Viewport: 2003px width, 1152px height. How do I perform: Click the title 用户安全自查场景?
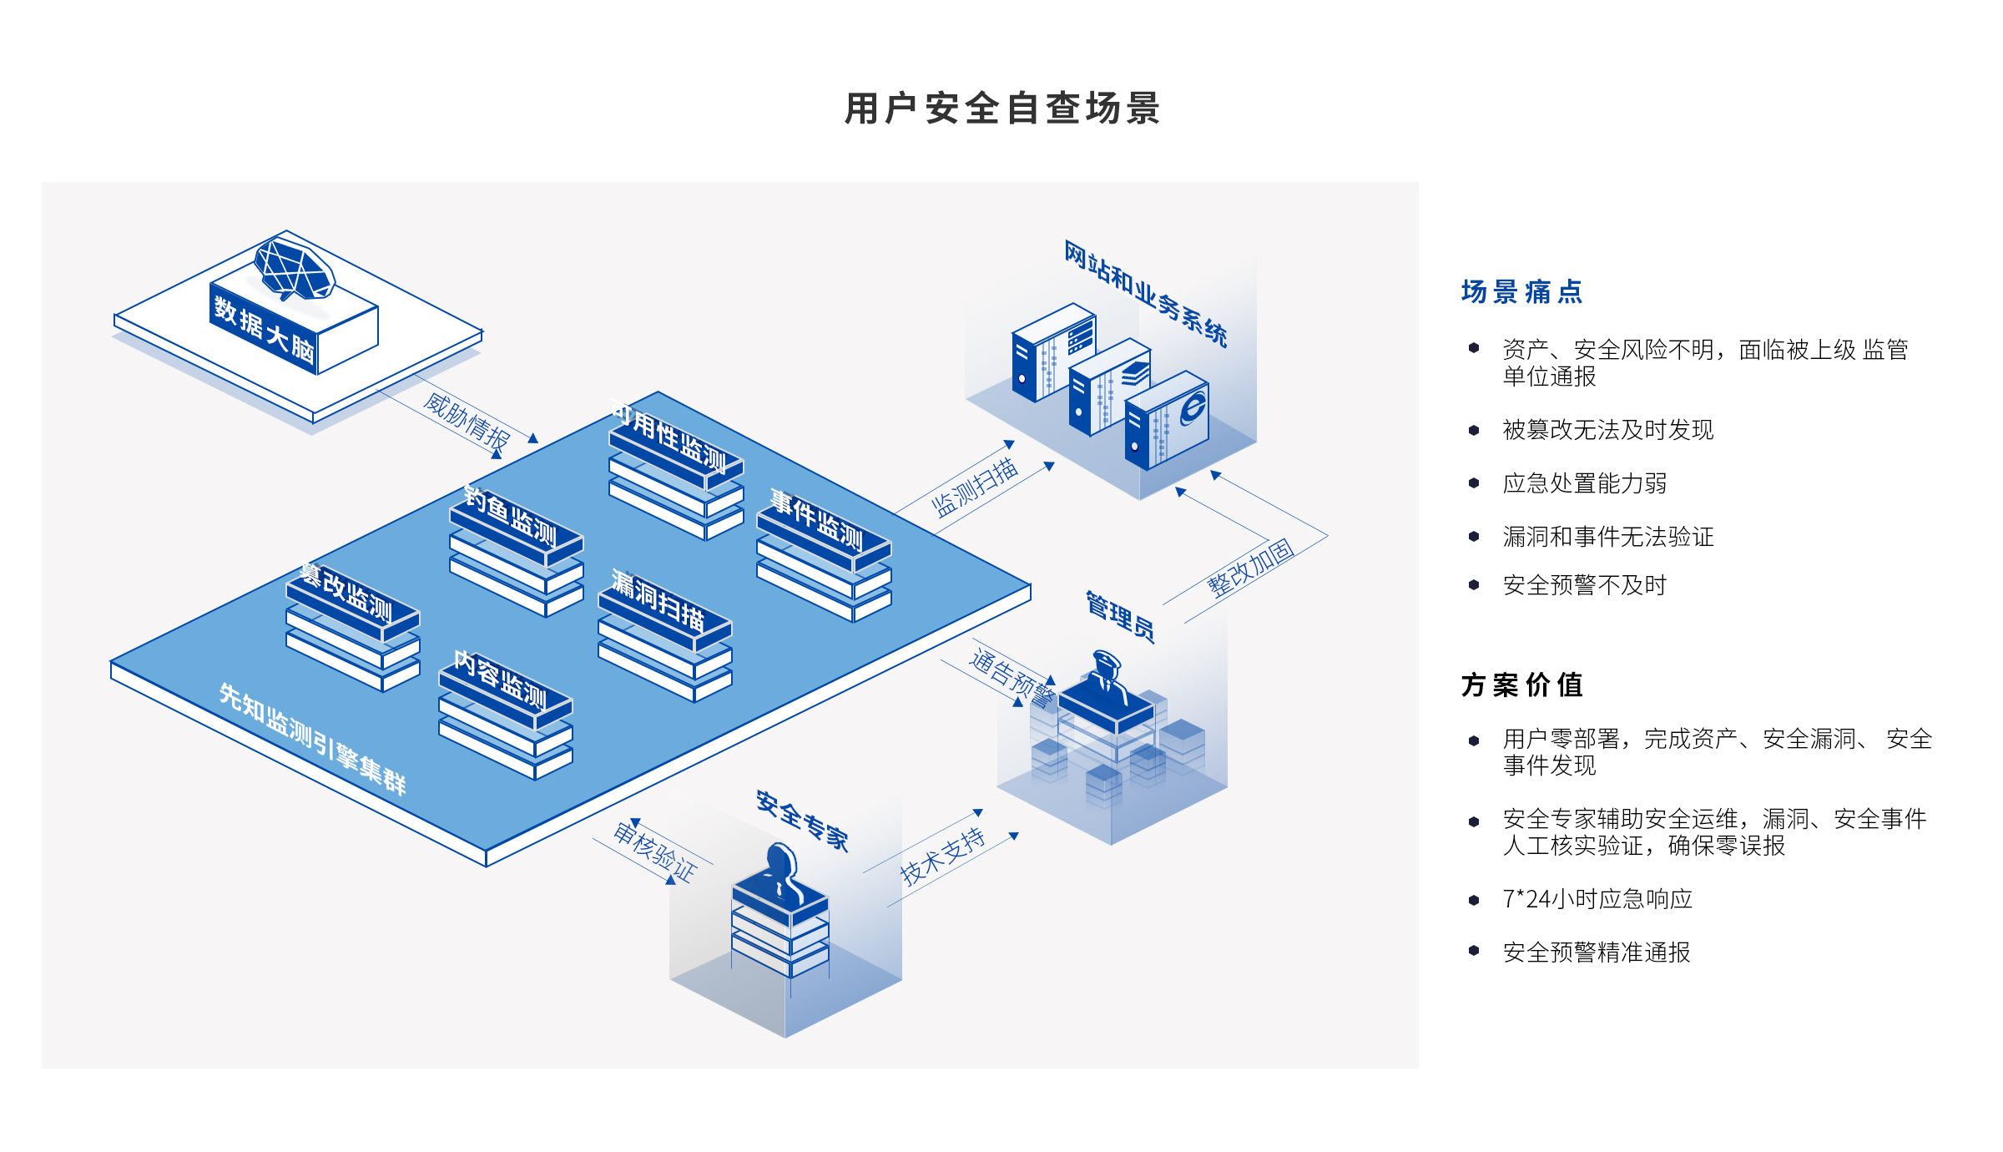1001,109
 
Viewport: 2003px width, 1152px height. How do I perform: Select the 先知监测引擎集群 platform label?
312,739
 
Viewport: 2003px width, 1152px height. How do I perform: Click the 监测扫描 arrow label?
975,488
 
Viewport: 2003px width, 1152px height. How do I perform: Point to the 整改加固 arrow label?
1250,568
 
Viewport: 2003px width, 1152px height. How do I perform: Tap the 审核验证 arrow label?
655,851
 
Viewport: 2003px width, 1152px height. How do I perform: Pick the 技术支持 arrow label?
943,856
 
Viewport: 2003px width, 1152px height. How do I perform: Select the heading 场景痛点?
1521,292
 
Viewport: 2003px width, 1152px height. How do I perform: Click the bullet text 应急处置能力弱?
1584,483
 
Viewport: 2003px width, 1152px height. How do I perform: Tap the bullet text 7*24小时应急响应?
1597,899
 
